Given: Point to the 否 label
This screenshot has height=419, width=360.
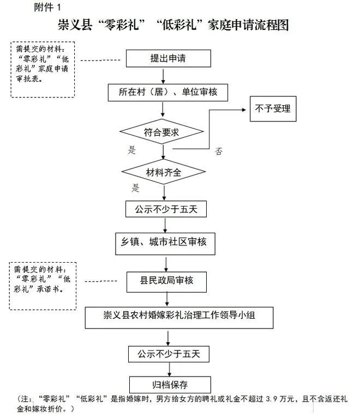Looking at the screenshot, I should tap(219, 151).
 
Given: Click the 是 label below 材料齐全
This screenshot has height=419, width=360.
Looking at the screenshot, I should tap(136, 188).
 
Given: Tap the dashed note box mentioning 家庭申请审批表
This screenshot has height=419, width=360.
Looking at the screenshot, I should tap(43, 69).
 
